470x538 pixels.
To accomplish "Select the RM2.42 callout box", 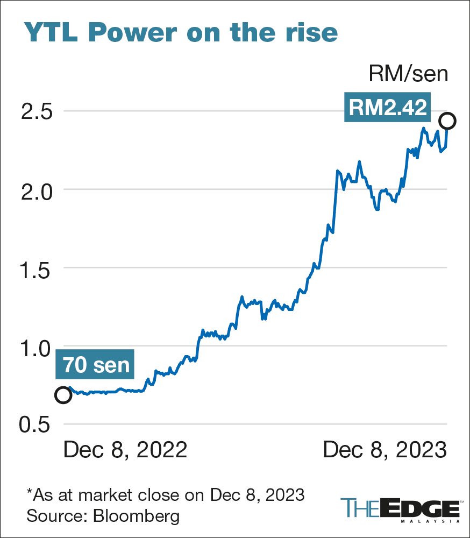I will pos(387,108).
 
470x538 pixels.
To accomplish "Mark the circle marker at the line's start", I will pos(63,395).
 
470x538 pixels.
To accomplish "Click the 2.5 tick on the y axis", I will pos(35,112).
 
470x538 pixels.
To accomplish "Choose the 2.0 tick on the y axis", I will pos(35,190).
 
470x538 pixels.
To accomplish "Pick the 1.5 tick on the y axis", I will pos(35,268).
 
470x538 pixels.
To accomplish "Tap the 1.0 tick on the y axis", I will pos(35,346).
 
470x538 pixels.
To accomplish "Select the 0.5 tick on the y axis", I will pos(35,424).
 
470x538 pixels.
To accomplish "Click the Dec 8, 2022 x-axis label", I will pos(125,450).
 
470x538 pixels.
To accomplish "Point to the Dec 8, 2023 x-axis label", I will pos(385,450).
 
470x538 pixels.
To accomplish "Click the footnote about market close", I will pos(165,494).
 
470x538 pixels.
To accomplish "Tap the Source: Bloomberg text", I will pos(103,516).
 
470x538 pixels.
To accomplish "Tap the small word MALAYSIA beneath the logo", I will pos(430,521).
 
